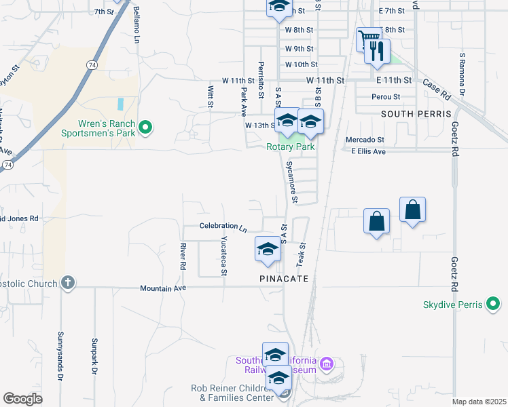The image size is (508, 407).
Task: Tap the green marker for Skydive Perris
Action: click(494, 305)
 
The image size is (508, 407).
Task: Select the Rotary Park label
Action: click(290, 147)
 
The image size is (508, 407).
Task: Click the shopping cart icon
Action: click(368, 38)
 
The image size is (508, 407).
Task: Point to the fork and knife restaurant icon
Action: click(377, 51)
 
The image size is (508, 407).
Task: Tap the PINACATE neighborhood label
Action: click(284, 279)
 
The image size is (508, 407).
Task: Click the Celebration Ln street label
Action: click(223, 226)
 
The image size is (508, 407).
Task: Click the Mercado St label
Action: click(365, 140)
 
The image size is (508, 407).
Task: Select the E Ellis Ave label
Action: click(368, 151)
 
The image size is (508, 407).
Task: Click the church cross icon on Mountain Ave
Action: click(67, 282)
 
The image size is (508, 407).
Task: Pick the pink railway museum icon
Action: click(327, 365)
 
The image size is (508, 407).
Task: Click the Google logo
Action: click(22, 399)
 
